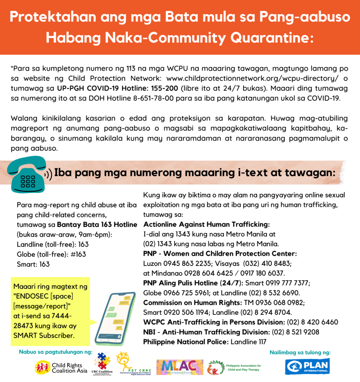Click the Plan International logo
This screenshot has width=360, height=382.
pyautogui.click(x=307, y=367)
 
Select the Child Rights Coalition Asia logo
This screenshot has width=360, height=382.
pyautogui.click(x=61, y=367)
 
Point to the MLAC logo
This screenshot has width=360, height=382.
pyautogui.click(x=180, y=367)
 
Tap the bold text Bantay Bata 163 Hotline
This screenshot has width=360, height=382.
pyautogui.click(x=97, y=225)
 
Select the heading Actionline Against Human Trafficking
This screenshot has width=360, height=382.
pyautogui.click(x=207, y=225)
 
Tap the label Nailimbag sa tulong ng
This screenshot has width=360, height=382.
pyautogui.click(x=300, y=352)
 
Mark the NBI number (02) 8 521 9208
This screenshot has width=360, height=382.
pyautogui.click(x=295, y=331)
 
